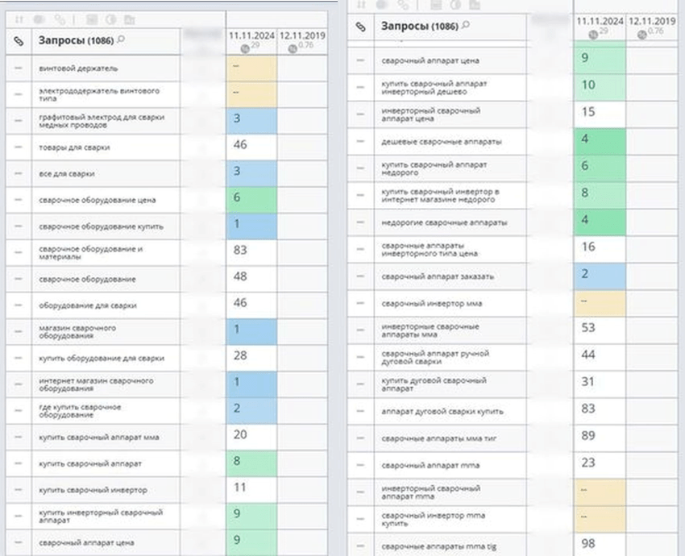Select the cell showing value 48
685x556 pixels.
[x=251, y=278]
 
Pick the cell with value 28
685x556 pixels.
[x=251, y=357]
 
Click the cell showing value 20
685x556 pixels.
[x=251, y=436]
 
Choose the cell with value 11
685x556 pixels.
[x=251, y=488]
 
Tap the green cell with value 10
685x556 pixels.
[x=600, y=85]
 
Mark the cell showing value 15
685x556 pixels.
[x=600, y=112]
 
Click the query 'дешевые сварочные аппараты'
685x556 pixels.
[x=441, y=141]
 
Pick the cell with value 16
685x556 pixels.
[x=600, y=247]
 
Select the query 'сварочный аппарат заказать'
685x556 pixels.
[x=438, y=276]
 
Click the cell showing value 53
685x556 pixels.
[x=600, y=328]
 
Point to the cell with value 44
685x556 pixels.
[x=600, y=355]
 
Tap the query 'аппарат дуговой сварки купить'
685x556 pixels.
[x=442, y=411]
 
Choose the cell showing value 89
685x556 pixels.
[x=600, y=435]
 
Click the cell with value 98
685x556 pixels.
[x=600, y=542]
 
